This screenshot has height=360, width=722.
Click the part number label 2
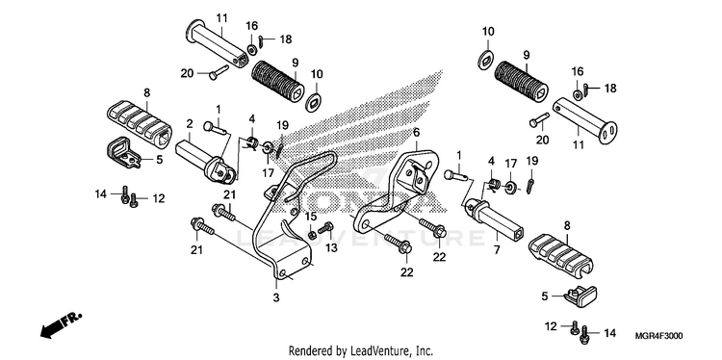[x=190, y=123]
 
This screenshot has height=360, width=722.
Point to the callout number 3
[x=276, y=297]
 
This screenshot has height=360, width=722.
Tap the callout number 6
[x=416, y=133]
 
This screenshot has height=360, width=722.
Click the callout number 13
[x=331, y=248]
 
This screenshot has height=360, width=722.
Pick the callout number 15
[x=312, y=217]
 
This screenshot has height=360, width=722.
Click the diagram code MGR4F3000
[x=659, y=336]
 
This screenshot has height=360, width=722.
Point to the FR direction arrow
[x=61, y=325]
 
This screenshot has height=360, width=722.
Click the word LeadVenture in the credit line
[x=376, y=350]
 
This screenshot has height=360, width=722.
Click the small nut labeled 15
[x=312, y=236]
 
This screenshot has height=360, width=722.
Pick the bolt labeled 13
[x=326, y=227]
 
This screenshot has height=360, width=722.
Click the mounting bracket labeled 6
[x=395, y=189]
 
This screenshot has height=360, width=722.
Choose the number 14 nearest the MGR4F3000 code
[x=609, y=334]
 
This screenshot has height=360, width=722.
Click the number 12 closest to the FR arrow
[x=159, y=199]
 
